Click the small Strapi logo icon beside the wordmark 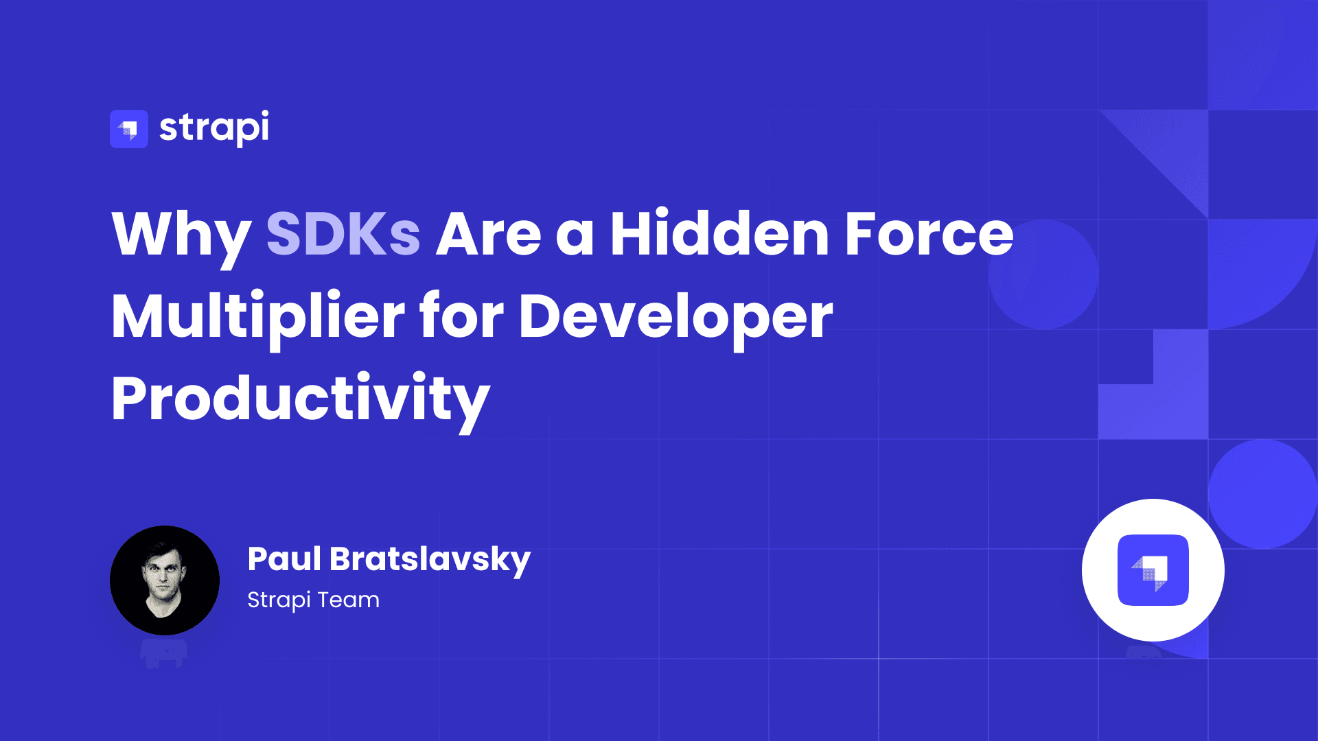click(x=129, y=129)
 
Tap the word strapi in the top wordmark click(x=214, y=128)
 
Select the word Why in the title click(x=181, y=235)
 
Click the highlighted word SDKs click(x=343, y=235)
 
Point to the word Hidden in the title click(x=719, y=235)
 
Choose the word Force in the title click(x=929, y=235)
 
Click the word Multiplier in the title click(x=258, y=317)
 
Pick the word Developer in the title click(x=675, y=317)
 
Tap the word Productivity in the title click(x=301, y=399)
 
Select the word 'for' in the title click(x=461, y=317)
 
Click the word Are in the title click(x=489, y=235)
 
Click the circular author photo click(x=165, y=580)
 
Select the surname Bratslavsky click(x=430, y=560)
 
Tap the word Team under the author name click(x=348, y=600)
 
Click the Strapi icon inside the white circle click(x=1153, y=570)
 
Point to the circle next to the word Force click(x=1043, y=274)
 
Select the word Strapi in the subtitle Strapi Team click(x=279, y=600)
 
